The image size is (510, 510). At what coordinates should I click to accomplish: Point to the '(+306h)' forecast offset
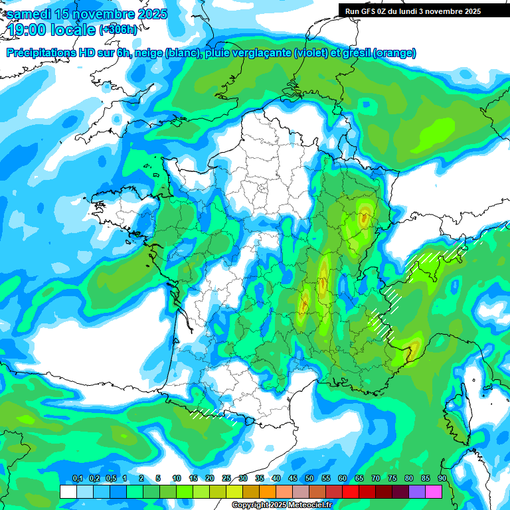(x=118, y=30)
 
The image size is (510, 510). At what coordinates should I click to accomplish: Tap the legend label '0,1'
(x=78, y=478)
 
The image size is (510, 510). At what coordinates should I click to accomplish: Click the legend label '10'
(x=177, y=478)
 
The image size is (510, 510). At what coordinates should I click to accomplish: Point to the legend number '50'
(x=309, y=478)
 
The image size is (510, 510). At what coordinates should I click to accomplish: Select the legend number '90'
(x=442, y=478)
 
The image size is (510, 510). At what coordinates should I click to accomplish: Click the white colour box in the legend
(x=68, y=491)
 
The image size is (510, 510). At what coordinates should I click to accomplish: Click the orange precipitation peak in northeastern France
(x=364, y=216)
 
